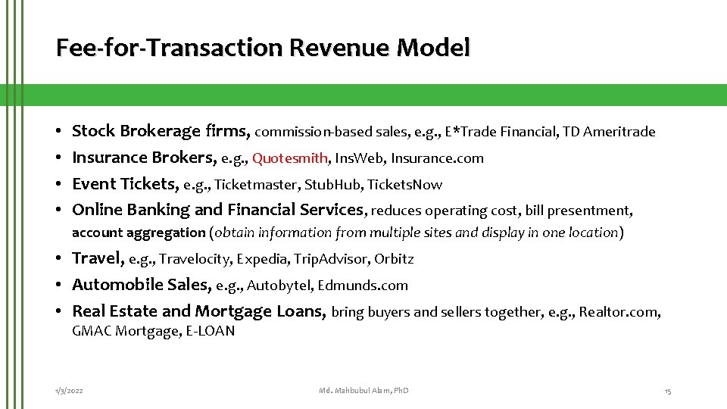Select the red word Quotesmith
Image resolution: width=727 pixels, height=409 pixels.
pos(290,158)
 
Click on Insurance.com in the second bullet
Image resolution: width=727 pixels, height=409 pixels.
pos(438,158)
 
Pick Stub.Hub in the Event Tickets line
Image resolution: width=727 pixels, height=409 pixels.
pos(330,185)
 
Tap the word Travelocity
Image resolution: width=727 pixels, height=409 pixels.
pos(195,259)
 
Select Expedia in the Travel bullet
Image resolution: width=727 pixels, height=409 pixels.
pos(261,259)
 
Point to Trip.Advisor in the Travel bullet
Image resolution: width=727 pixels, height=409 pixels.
pos(330,259)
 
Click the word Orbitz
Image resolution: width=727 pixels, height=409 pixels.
pos(394,259)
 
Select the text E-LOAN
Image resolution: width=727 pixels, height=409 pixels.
pos(210,332)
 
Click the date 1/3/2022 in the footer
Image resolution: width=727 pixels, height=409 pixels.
pos(69,390)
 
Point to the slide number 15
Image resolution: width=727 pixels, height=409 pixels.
pos(667,390)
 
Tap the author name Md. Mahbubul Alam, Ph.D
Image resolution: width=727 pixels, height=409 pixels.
pos(363,390)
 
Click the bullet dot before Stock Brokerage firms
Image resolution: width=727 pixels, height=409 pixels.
pos(59,132)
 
